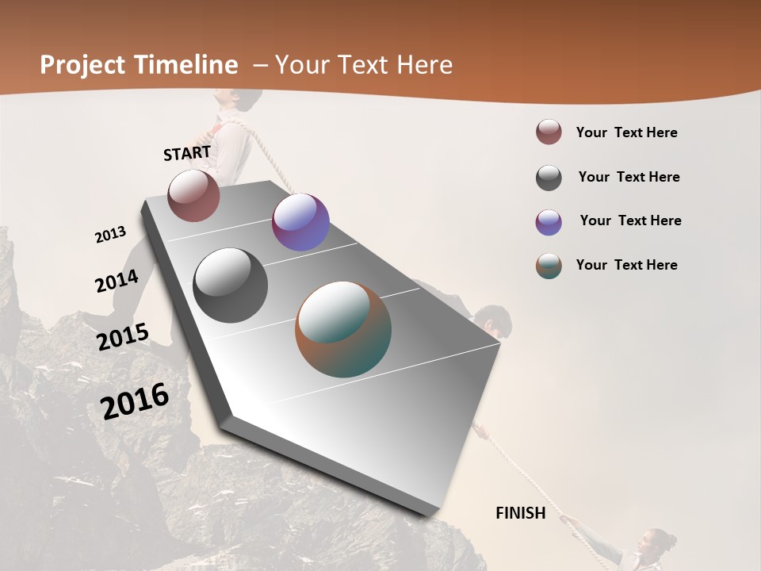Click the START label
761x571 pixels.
pos(187,153)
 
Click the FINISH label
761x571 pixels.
pos(521,513)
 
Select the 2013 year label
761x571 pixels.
pos(110,235)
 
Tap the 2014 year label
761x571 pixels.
pos(117,281)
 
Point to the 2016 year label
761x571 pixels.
pos(135,400)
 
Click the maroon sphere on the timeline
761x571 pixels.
pos(193,195)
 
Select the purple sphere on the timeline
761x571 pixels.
pos(300,222)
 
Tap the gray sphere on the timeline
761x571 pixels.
pos(231,285)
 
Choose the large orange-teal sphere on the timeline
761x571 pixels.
pos(343,329)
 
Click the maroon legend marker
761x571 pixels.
pos(549,132)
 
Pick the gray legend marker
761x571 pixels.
pos(549,178)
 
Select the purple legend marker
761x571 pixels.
pos(549,222)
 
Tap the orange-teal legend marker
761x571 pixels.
pos(549,266)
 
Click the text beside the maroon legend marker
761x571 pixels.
pos(627,133)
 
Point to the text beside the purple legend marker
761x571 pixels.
pos(631,220)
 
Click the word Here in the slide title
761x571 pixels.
pos(425,65)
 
